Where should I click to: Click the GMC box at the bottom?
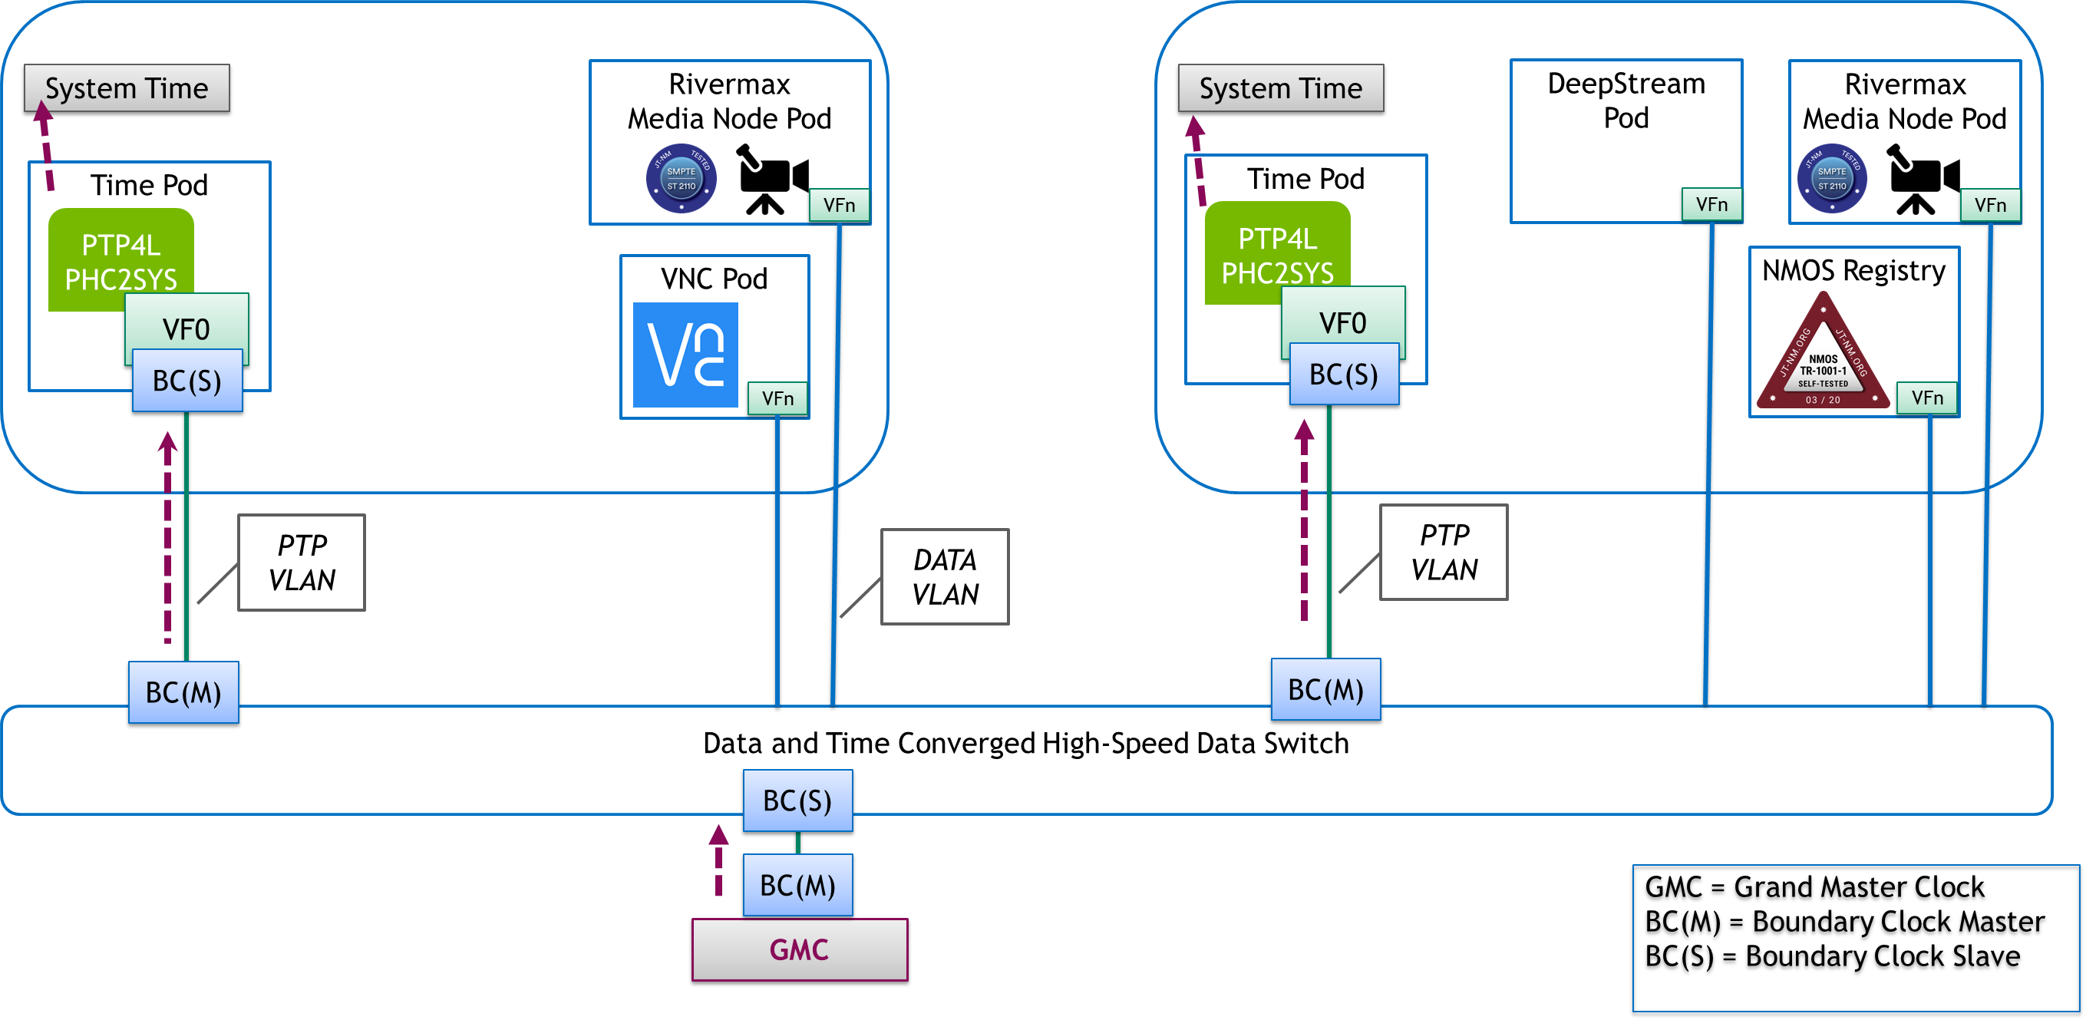pos(799,949)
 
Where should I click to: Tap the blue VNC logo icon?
pos(685,355)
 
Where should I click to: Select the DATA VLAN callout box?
pos(944,576)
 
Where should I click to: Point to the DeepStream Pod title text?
pos(1626,101)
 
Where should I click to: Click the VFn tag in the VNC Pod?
pos(777,398)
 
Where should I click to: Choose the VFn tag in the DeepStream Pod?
pos(1711,204)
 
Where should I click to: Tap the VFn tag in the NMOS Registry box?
pos(1926,398)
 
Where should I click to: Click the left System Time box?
pos(127,87)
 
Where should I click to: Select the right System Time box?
pos(1280,87)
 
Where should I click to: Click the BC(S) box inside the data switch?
pos(797,800)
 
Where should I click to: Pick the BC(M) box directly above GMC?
pos(797,885)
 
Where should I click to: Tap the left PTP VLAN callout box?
pos(302,562)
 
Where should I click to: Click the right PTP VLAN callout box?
pos(1443,552)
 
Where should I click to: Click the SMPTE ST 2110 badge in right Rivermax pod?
pos(1832,178)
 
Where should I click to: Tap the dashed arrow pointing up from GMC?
pos(718,860)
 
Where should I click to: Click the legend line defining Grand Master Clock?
pos(1814,886)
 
